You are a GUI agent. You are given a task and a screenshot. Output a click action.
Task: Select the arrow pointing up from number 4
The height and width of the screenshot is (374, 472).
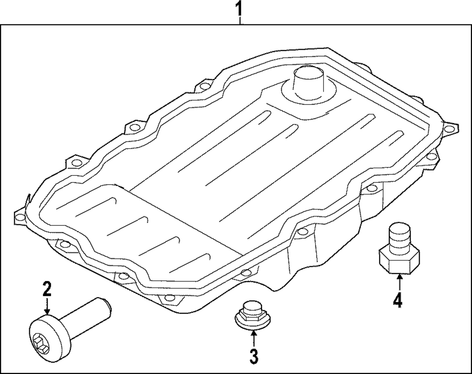[x=399, y=281]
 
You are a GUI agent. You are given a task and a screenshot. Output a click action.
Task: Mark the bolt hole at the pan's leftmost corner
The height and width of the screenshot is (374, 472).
[x=20, y=217]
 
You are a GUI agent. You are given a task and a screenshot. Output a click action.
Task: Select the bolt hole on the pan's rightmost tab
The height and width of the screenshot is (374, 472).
[x=449, y=126]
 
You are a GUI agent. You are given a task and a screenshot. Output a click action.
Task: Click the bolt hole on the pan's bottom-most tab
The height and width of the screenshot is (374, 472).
[x=165, y=298]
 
